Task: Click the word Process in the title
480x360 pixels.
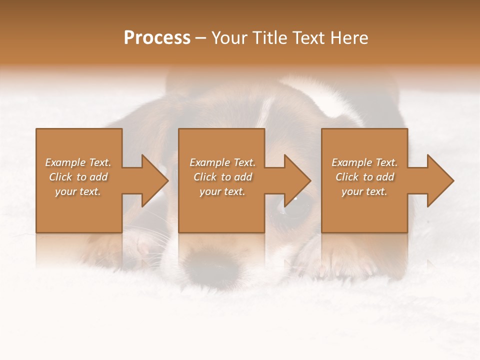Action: [157, 38]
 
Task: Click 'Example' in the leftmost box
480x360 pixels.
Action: [65, 162]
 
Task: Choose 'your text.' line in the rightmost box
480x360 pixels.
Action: [364, 191]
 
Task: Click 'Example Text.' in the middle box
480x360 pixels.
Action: [222, 162]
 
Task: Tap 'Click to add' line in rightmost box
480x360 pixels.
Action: [364, 177]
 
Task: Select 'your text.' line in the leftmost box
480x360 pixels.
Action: [78, 191]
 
